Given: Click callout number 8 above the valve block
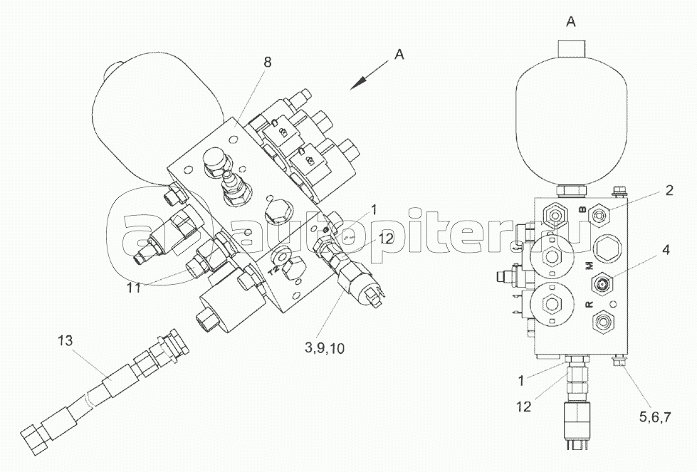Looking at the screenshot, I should (267, 62).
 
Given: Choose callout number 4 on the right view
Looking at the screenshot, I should (665, 250).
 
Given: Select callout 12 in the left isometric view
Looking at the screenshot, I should (386, 239).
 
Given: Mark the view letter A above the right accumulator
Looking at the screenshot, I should (570, 22).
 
